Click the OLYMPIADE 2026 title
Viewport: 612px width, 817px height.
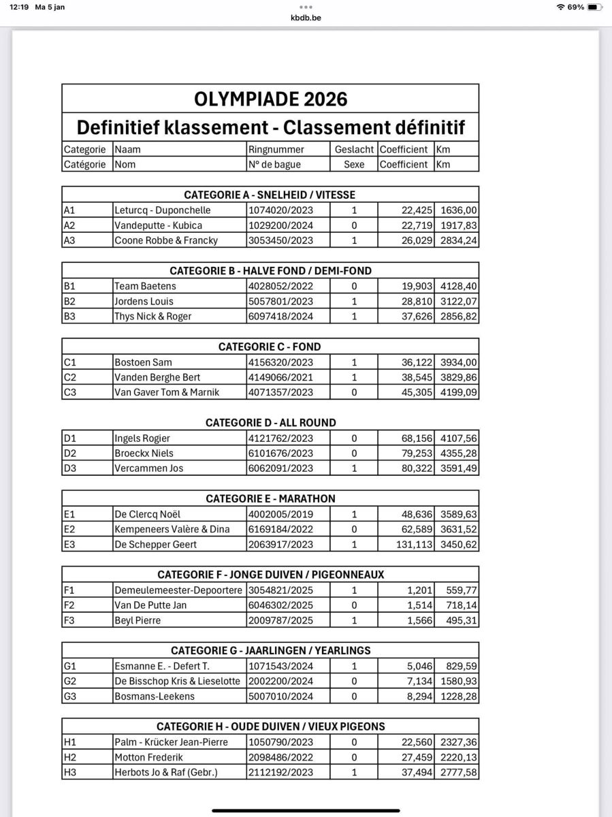270,99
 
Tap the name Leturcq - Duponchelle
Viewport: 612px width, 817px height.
163,210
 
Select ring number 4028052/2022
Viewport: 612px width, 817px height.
281,287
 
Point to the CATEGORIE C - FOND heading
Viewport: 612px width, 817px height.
270,347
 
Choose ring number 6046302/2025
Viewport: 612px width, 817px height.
281,605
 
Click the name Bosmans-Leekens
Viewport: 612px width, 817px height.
155,696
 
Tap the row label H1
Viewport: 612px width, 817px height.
70,742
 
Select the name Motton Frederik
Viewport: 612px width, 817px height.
148,757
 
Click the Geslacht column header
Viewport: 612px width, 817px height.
354,150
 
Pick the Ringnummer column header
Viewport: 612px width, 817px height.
277,150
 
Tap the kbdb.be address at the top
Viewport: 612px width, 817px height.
306,18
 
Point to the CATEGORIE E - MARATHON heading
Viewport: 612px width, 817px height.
270,499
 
